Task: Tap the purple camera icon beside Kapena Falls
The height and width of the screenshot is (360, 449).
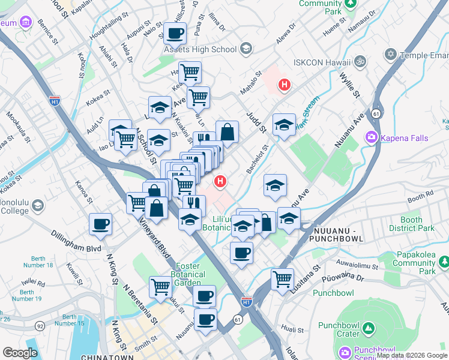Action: coord(371,138)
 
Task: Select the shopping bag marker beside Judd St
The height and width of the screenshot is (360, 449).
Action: coord(228,133)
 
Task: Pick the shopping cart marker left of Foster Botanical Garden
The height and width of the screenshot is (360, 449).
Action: coord(160,287)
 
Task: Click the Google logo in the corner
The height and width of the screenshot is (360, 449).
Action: coord(20,353)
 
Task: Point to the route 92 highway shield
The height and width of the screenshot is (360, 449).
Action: coord(40,325)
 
